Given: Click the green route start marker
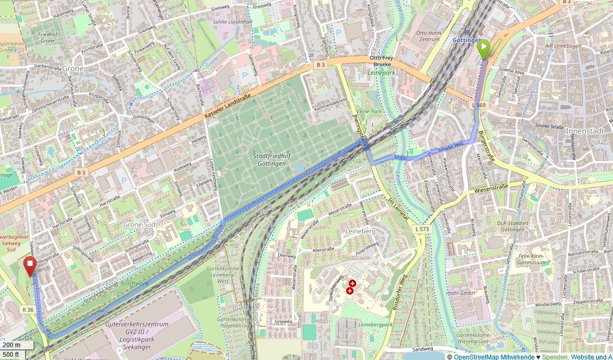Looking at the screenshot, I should point(483,49).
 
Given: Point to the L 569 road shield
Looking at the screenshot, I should point(480,105).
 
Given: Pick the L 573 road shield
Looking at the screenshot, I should point(421,229).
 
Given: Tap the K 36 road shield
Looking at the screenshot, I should point(28,309).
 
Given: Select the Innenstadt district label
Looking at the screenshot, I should point(586,130).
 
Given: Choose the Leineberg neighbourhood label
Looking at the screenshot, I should point(360,232).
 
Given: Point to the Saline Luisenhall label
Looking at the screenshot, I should point(232,22).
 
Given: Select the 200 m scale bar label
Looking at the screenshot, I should point(12,345).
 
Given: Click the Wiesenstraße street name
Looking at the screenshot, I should point(491,187).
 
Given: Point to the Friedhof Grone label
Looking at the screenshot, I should point(47,37).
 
